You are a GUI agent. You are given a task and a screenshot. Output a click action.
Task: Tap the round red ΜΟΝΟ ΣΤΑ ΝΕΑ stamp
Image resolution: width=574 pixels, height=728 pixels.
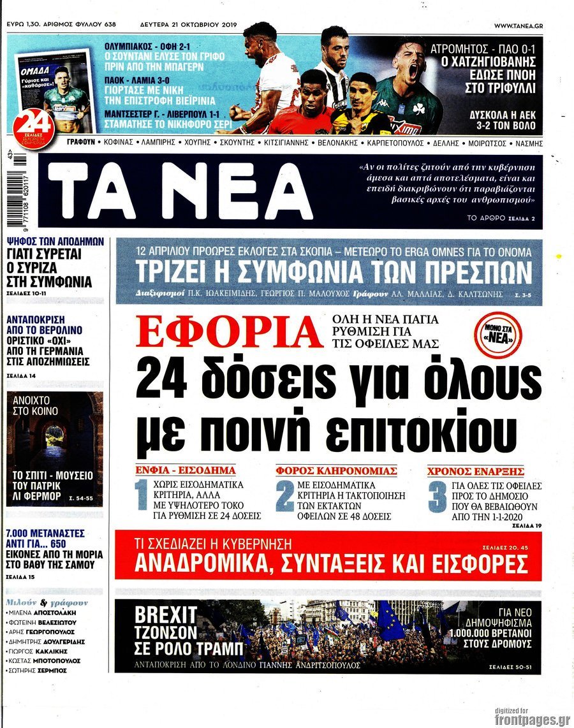tap(498, 333)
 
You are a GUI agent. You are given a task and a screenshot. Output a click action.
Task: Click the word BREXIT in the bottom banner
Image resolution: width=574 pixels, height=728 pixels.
tap(166, 615)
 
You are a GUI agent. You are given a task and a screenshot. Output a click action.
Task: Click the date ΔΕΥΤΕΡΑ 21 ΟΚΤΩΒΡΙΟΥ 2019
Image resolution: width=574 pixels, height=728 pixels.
tap(188, 25)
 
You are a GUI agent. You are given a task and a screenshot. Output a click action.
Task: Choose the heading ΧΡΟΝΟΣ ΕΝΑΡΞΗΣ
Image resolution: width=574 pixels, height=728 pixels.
tap(475, 471)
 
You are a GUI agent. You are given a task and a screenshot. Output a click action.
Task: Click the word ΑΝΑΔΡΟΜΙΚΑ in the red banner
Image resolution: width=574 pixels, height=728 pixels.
tap(200, 564)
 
